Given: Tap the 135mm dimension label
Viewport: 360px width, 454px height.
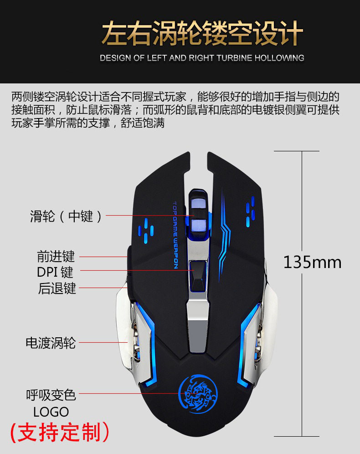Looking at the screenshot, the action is pos(312,262).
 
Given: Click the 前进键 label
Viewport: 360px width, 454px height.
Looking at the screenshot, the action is pos(56,256).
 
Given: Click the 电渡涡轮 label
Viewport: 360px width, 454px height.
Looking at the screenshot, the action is pos(51,342).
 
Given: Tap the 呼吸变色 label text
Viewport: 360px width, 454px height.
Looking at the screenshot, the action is pos(51,395).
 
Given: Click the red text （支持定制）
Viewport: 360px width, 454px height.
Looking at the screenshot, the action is pos(60,431).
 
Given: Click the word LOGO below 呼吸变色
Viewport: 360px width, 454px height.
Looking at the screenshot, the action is pos(51,412).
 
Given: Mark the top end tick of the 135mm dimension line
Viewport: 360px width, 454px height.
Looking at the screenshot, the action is pos(302,151).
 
